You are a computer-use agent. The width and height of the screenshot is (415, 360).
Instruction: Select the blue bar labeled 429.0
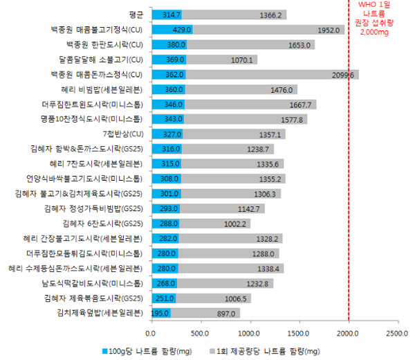172,29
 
